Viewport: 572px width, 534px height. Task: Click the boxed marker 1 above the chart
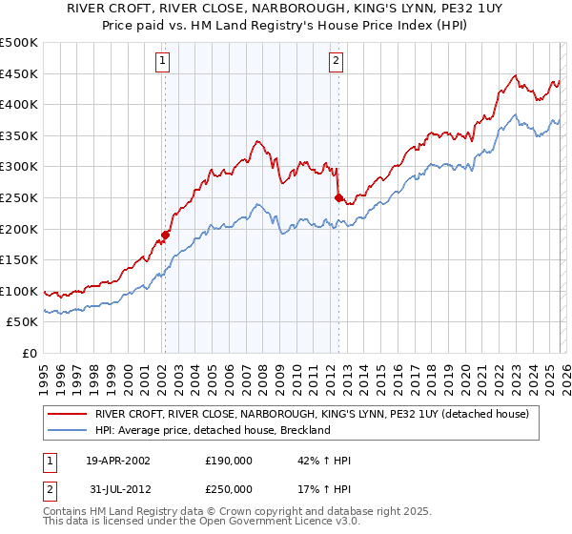click(x=163, y=61)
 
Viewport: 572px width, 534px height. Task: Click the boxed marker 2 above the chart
click(x=337, y=61)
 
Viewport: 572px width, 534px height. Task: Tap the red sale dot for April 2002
click(x=165, y=235)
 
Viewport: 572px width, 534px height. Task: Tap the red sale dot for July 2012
click(x=338, y=197)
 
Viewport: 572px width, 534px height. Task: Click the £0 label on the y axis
click(x=30, y=353)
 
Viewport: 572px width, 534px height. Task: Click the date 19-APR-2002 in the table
click(x=118, y=461)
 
